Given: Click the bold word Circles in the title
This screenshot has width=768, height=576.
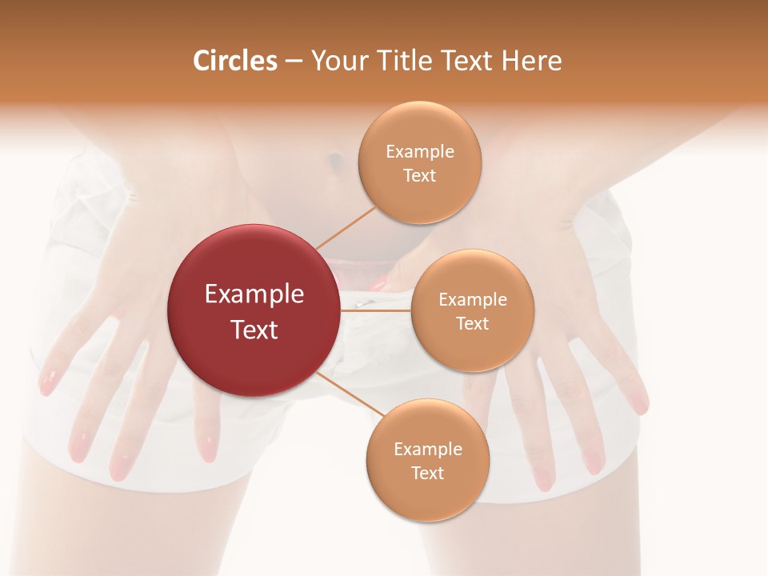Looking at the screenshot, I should click(234, 61).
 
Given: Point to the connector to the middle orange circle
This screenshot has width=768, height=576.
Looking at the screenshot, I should click(376, 310).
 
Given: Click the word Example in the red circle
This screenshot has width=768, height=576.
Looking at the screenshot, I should click(254, 294).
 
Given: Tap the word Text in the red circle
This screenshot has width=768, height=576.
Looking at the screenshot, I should click(254, 330).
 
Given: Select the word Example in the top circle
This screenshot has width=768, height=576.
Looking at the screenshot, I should click(420, 152).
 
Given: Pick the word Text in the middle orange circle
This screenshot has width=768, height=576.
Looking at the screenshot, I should click(472, 324).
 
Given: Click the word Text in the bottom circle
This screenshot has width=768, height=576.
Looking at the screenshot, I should click(427, 474).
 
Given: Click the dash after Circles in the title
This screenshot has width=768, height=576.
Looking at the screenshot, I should click(294, 61).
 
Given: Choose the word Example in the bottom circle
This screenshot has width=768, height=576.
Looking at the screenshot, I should click(427, 450).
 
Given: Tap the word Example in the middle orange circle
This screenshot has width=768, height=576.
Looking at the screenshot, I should click(472, 300).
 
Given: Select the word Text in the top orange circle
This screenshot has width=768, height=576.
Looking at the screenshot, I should click(420, 176).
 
